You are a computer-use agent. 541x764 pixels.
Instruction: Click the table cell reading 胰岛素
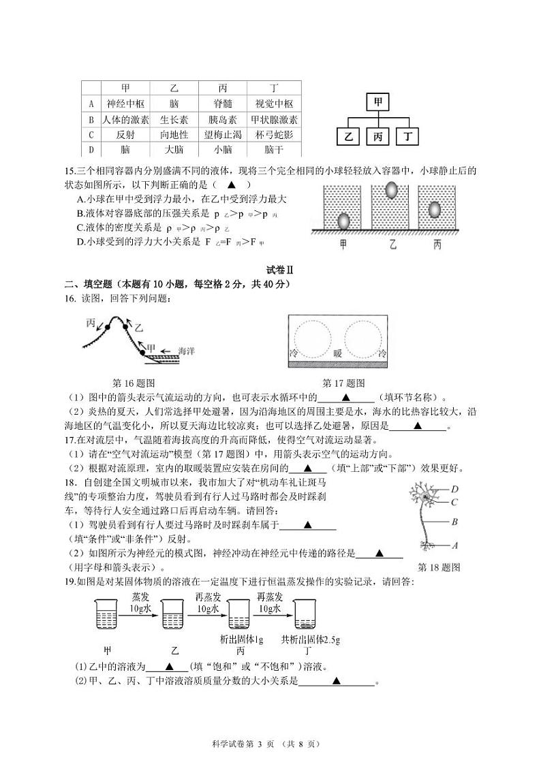tap(222, 119)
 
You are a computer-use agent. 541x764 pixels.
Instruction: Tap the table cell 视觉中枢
tap(273, 104)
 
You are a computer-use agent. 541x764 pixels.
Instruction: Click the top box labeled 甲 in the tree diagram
tap(378, 102)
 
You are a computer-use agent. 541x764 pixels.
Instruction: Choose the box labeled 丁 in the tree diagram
tap(408, 137)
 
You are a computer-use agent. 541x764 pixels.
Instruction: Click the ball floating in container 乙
tap(393, 190)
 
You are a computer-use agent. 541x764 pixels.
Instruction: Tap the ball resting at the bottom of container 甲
tap(343, 221)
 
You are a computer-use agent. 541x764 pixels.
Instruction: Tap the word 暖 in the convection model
tap(337, 353)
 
